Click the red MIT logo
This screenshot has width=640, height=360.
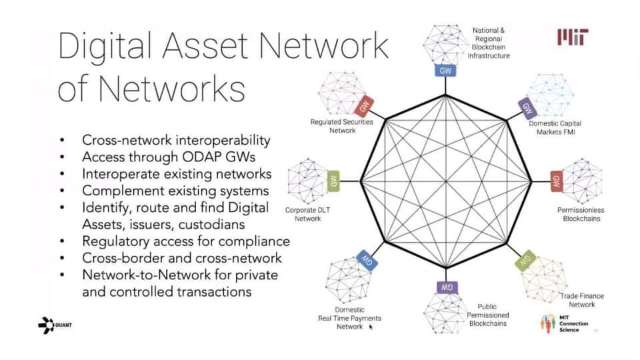[573, 37]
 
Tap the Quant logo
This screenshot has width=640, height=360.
[55, 325]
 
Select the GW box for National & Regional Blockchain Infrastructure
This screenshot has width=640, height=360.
[445, 71]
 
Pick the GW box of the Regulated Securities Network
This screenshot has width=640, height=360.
[364, 106]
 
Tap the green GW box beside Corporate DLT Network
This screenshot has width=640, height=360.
[333, 181]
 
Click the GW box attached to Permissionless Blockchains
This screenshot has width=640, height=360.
[556, 181]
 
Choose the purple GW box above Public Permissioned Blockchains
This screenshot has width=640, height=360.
[447, 287]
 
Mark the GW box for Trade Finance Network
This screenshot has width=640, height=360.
[525, 260]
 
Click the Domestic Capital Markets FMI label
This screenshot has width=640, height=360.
[555, 127]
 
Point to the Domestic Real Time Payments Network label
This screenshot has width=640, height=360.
[350, 318]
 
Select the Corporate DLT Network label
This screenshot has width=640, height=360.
[307, 214]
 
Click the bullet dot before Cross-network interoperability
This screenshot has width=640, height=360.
[62, 141]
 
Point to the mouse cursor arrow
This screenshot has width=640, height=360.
[371, 327]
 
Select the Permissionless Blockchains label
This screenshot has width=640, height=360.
[581, 214]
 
